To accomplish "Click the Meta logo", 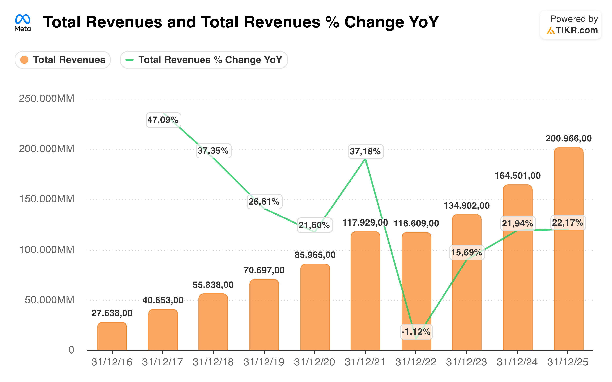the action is [x=22, y=23].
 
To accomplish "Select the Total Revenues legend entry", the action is [x=63, y=60].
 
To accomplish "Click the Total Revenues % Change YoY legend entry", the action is [x=204, y=60].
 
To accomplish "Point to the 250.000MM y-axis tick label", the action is [x=47, y=99].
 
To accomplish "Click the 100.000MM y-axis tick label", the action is [x=47, y=250].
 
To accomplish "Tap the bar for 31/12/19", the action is [x=264, y=315].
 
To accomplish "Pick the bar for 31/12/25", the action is [x=568, y=249].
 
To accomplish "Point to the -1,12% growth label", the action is [x=416, y=332].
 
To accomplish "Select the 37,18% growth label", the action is [x=365, y=152].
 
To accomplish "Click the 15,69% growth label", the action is [x=467, y=252].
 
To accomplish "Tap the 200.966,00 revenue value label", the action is [x=568, y=138].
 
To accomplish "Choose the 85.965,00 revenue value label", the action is [x=315, y=255].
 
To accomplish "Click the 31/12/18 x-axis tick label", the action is [x=213, y=362].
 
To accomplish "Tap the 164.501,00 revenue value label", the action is [x=518, y=176].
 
